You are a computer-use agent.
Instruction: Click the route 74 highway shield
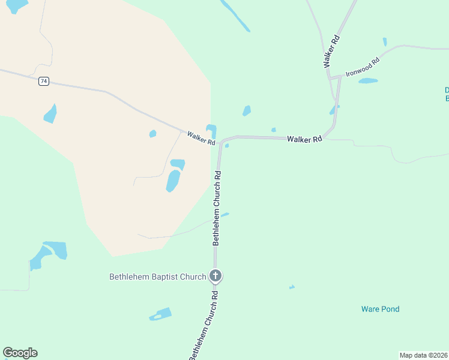pos(44,81)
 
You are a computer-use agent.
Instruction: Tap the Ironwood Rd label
pos(363,67)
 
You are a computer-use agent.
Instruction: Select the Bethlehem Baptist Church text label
pos(157,277)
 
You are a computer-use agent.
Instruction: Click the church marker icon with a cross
pos(216,276)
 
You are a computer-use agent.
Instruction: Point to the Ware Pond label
pos(380,309)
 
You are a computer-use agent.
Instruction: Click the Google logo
pos(20,353)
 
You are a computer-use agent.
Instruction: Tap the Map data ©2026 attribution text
pos(424,355)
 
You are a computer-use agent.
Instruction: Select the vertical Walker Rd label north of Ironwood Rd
pos(331,50)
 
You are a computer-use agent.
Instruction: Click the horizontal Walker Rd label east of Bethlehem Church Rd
pos(304,139)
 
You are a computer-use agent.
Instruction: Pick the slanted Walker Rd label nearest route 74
pos(200,138)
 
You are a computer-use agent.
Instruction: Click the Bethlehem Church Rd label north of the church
pos(217,208)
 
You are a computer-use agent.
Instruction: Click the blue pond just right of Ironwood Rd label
pos(368,80)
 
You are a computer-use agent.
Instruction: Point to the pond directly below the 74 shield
pos(50,113)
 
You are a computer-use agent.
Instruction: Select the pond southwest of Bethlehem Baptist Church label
pos(161,314)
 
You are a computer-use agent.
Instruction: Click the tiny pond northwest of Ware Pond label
pos(292,287)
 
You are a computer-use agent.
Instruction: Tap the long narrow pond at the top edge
pos(235,16)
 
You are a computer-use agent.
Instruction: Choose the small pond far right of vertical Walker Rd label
pos(385,42)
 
